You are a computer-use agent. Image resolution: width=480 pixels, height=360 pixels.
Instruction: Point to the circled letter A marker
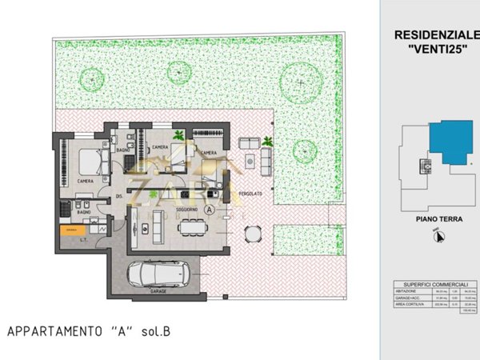point(210,210)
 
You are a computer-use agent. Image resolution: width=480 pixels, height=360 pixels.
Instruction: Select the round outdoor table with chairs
point(253,234)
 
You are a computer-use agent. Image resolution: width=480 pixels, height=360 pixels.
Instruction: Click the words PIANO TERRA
point(436,217)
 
